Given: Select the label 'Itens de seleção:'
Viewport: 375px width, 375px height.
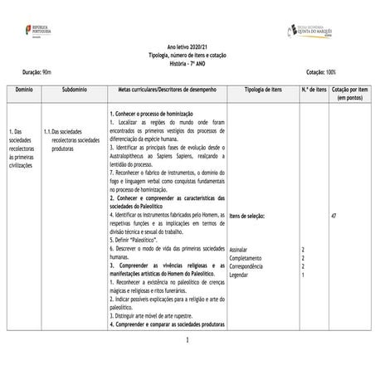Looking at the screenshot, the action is [x=246, y=216].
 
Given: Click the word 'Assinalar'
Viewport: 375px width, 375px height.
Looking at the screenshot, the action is [x=239, y=250].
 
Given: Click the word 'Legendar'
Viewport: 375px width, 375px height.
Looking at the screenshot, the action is [x=239, y=275].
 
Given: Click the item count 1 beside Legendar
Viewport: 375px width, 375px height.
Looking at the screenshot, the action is [x=303, y=275].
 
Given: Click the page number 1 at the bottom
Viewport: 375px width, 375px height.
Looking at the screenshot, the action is [x=187, y=340].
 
